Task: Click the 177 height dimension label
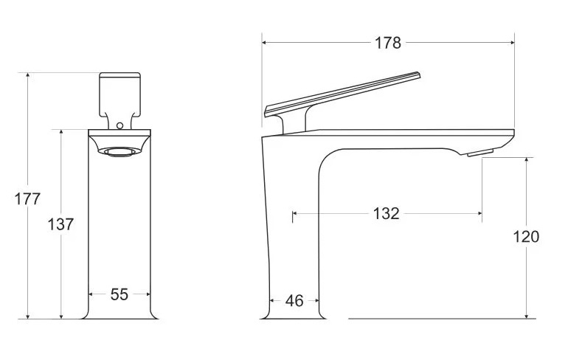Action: pos(27,199)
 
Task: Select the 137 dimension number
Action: pos(60,224)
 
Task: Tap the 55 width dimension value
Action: pos(120,294)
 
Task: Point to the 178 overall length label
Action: pos(387,43)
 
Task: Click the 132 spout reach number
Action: pos(386,213)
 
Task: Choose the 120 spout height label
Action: pos(526,237)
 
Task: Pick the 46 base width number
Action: pos(294,300)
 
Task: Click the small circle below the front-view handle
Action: pos(120,126)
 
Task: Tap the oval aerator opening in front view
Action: pos(120,152)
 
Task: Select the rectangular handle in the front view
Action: pos(120,96)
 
